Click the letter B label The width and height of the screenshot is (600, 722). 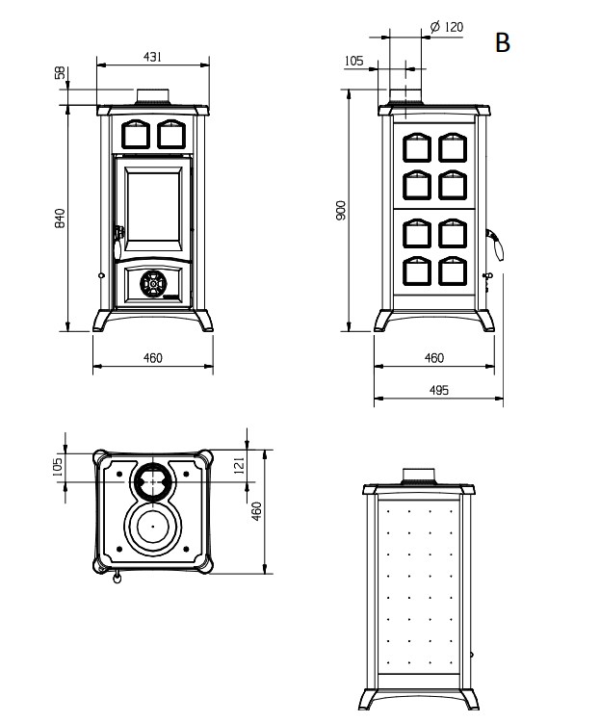coord(501,42)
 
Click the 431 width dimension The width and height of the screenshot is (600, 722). coord(152,57)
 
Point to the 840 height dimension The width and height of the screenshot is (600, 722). coord(60,219)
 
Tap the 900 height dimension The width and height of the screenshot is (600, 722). coord(340,211)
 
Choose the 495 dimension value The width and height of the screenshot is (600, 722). coord(438,390)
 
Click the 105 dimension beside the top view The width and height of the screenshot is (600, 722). coord(58,466)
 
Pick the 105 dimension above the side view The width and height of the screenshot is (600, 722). coord(353,61)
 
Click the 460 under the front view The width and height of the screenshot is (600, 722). coord(152,358)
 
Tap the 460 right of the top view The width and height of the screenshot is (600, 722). coord(256,511)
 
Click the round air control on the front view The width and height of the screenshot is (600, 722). coord(152,283)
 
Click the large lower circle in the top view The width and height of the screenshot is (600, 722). coord(150,528)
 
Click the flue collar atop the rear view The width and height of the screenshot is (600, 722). coord(418,474)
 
